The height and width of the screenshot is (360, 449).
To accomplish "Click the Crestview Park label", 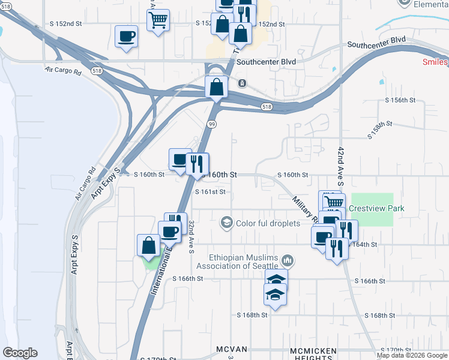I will point(377,208).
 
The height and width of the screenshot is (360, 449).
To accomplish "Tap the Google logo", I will point(20,353).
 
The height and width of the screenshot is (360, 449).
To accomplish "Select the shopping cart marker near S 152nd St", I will point(158,20).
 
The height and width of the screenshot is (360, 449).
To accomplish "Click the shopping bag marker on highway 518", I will point(216,87).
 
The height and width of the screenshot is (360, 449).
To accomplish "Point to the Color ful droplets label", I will point(268,224).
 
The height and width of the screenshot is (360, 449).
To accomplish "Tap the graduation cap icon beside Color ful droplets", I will point(226,223).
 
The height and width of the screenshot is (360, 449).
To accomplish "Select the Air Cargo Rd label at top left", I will point(63,70).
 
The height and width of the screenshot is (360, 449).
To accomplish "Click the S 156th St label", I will point(400,100).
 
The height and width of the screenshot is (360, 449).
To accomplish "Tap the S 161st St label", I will point(211,192).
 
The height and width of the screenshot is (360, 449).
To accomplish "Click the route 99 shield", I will point(212,124).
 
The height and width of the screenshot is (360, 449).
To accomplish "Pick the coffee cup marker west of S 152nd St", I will point(126,37).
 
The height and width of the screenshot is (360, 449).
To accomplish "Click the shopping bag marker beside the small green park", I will point(148,245).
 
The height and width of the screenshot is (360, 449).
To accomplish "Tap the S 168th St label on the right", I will point(381,315).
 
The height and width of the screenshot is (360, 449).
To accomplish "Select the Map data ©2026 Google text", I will point(412,355).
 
